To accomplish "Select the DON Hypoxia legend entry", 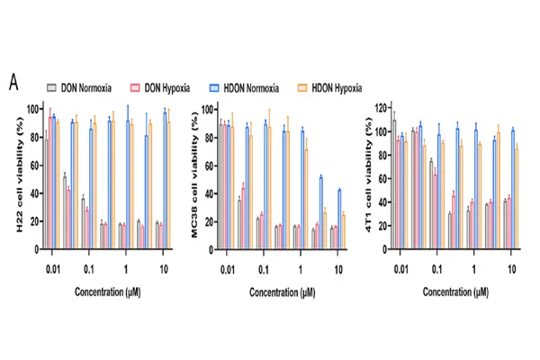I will pyautogui.click(x=172, y=87).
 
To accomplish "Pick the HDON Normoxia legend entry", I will pyautogui.click(x=253, y=87).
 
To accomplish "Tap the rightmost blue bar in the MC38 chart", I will pyautogui.click(x=339, y=214).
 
